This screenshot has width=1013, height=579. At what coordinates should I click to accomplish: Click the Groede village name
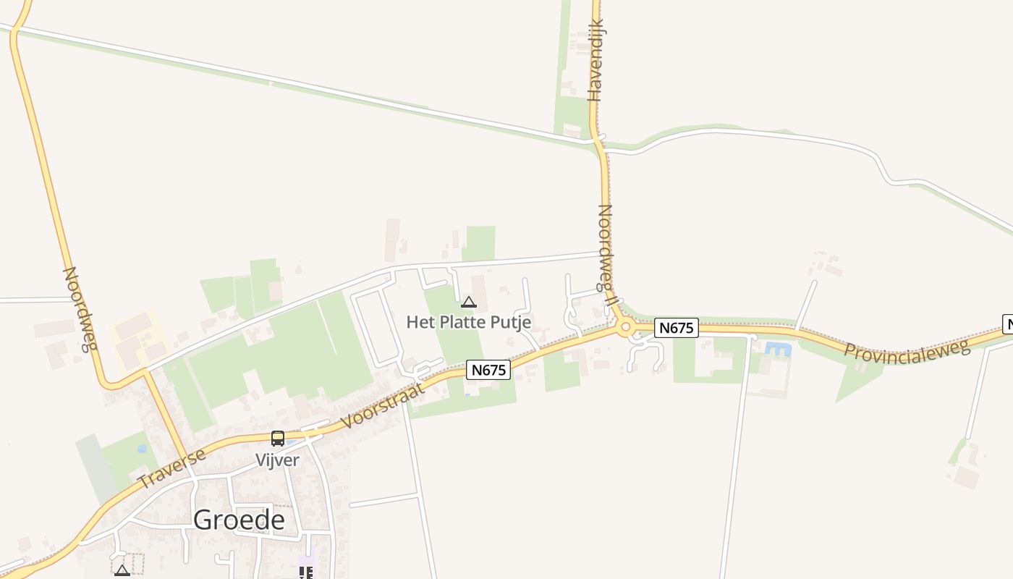(x=239, y=520)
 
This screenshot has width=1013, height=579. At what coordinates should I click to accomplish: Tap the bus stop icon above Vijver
(x=278, y=439)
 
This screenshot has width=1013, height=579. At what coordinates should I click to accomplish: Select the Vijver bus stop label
(x=277, y=460)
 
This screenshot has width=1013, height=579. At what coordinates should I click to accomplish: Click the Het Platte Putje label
(x=469, y=322)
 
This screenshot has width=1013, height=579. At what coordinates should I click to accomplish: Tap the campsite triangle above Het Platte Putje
(x=469, y=302)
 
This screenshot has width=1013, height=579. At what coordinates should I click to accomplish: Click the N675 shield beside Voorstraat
(x=488, y=370)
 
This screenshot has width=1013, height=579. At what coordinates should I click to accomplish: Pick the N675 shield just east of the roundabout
(x=677, y=328)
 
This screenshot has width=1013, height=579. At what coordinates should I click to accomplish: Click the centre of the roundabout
(x=626, y=329)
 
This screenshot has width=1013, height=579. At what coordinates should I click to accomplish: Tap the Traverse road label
(x=171, y=468)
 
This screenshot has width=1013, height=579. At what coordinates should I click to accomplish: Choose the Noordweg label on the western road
(x=79, y=308)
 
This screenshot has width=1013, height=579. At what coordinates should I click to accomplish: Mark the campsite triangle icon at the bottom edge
(x=122, y=570)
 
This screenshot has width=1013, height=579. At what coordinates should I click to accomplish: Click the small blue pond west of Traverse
(x=142, y=449)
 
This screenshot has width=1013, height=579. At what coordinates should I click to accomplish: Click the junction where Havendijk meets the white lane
(x=598, y=140)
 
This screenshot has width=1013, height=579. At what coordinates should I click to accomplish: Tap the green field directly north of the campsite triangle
(x=479, y=243)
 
